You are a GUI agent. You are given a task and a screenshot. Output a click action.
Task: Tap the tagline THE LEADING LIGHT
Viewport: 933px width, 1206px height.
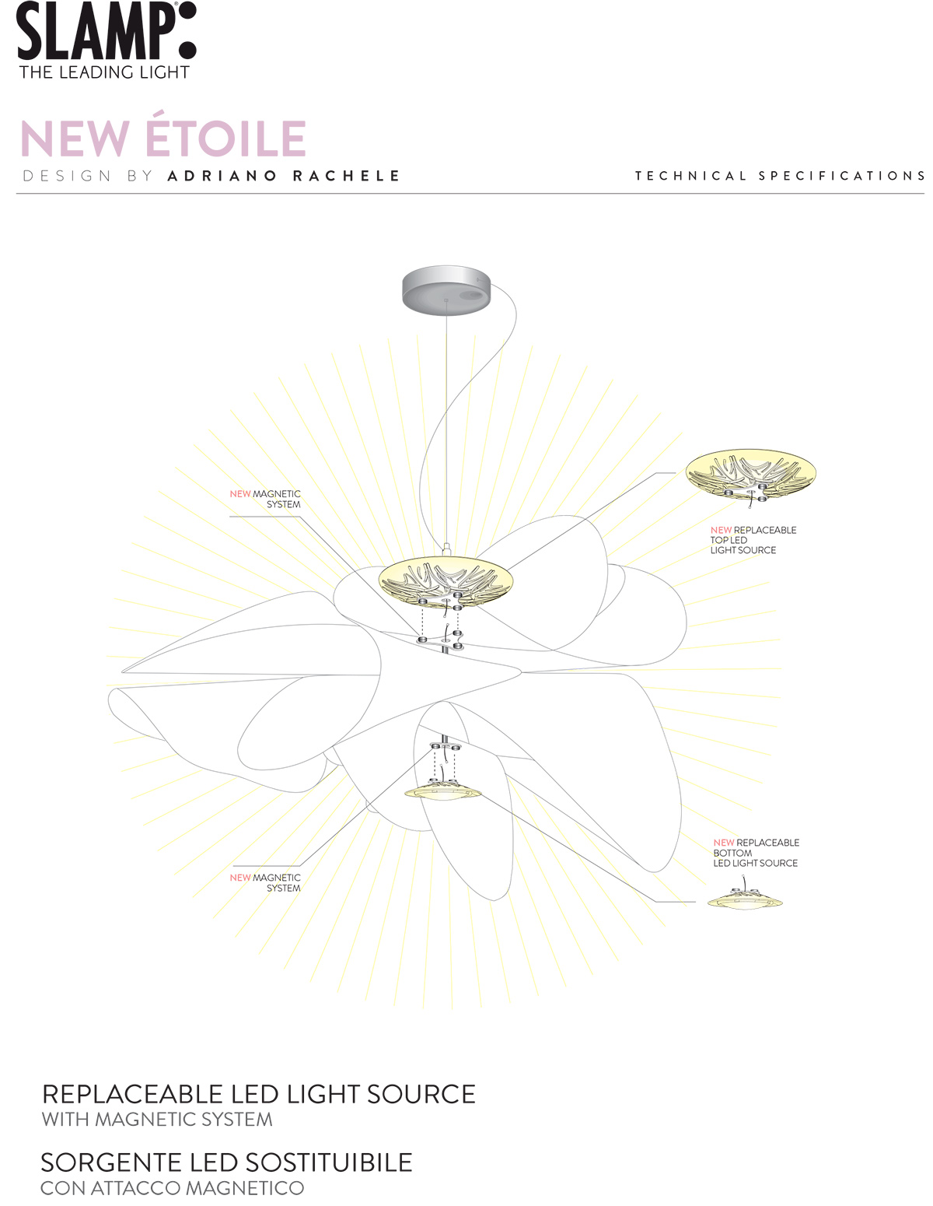(x=104, y=72)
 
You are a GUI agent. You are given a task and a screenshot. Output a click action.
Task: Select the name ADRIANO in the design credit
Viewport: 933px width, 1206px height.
(x=222, y=176)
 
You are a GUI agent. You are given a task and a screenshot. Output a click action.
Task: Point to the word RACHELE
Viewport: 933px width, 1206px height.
(x=346, y=176)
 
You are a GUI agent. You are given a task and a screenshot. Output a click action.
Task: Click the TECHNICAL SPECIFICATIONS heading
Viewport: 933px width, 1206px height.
(x=780, y=175)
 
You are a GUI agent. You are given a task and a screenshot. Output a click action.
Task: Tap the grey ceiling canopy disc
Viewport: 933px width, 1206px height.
(x=446, y=290)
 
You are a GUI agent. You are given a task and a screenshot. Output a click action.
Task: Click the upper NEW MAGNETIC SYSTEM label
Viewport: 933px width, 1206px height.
(x=265, y=499)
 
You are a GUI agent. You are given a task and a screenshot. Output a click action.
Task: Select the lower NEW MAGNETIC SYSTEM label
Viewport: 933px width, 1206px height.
(x=265, y=882)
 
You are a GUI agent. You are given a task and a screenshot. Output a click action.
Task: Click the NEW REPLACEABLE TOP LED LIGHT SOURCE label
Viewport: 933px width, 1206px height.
(x=753, y=540)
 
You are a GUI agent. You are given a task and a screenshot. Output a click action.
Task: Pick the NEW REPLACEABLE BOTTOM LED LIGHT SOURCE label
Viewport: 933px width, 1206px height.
(x=756, y=853)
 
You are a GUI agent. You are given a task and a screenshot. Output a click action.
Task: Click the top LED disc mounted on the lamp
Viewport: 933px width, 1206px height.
(x=446, y=583)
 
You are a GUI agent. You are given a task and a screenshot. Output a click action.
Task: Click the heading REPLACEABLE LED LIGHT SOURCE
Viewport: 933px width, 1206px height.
(x=259, y=1094)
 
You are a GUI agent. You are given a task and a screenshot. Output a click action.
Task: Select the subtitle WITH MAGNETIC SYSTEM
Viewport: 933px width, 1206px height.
(x=157, y=1120)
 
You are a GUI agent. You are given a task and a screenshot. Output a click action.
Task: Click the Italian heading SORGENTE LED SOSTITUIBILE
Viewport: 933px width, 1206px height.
(x=227, y=1162)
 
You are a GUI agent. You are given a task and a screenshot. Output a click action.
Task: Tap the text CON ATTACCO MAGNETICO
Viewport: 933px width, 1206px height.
(x=173, y=1188)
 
